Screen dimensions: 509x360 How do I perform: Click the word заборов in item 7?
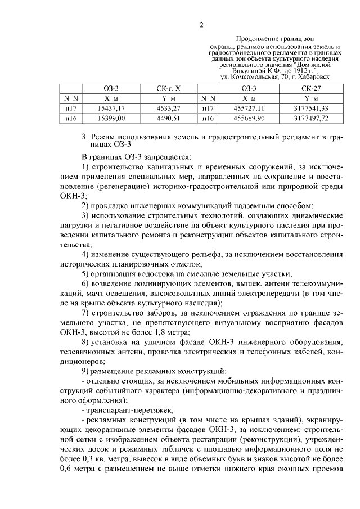(x=163, y=327)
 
